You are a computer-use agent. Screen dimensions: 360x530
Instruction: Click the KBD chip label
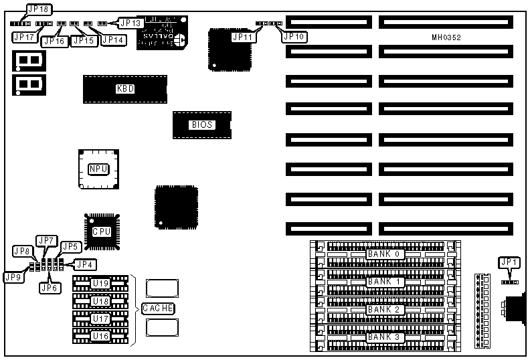pos(125,89)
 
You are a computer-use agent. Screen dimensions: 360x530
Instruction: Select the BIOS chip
pos(201,124)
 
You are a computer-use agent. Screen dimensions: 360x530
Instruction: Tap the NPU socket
pos(98,169)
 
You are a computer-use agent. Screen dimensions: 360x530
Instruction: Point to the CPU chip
pos(101,231)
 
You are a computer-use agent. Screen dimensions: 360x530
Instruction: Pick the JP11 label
pos(243,37)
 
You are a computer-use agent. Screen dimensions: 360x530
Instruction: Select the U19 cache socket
pos(100,283)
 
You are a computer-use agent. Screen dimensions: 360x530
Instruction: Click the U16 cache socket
pos(100,336)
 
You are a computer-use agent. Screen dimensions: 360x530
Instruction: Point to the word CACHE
pos(158,308)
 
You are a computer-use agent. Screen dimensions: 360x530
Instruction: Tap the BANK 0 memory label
pos(384,254)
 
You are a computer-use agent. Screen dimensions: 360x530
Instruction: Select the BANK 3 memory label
pos(384,337)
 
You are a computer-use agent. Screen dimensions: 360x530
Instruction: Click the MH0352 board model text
pos(446,37)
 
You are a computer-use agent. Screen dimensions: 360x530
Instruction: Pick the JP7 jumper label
pos(47,240)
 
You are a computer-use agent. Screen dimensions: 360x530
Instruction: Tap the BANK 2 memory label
pos(384,310)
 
